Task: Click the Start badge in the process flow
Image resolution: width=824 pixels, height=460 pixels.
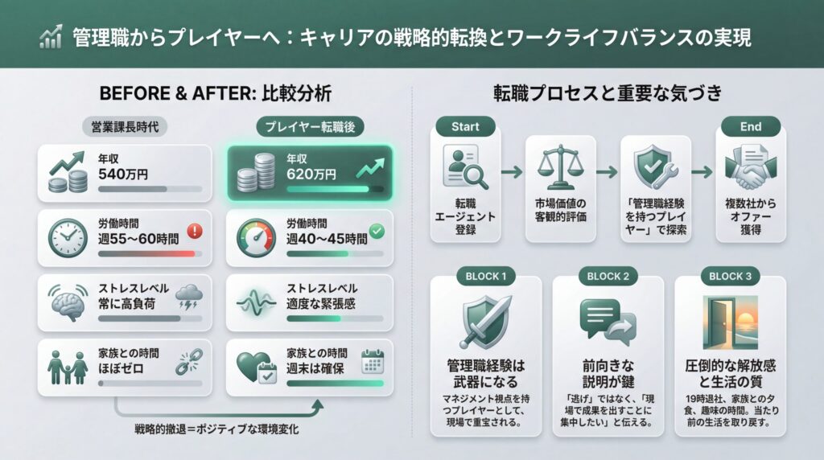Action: tap(465, 126)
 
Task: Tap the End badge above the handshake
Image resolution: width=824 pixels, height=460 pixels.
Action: tap(750, 126)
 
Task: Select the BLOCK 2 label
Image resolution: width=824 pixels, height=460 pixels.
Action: tap(608, 277)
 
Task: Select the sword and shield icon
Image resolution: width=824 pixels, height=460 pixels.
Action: tap(484, 321)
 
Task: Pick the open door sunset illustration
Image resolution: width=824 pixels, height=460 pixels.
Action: tap(728, 320)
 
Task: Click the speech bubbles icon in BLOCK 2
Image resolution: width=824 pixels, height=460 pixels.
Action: tap(608, 320)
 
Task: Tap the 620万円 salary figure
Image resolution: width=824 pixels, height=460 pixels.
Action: tap(311, 173)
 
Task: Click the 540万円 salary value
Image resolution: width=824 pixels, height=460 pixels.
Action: tap(123, 173)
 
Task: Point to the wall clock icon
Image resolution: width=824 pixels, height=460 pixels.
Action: tap(68, 238)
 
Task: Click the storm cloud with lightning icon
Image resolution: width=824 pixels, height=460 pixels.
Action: tap(191, 298)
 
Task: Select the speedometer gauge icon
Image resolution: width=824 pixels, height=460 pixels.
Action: tap(256, 239)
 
